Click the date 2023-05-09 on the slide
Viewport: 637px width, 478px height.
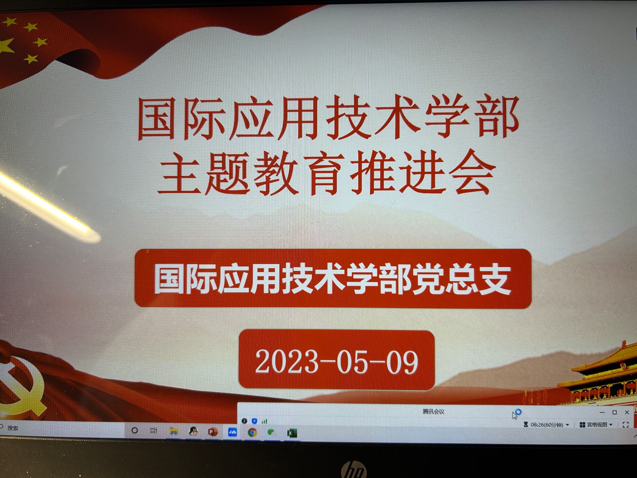(337, 361)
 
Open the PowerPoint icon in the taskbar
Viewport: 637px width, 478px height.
(212, 432)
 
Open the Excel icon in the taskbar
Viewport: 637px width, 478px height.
(292, 433)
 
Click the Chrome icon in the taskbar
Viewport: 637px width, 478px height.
(252, 432)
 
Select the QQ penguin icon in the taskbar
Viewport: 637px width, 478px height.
(193, 431)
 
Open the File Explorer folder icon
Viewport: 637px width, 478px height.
(174, 431)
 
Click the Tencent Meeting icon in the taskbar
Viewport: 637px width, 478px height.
(232, 432)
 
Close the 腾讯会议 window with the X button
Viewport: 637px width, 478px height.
(627, 412)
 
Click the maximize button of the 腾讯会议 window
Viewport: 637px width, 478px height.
(615, 412)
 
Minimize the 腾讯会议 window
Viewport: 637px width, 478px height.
(602, 412)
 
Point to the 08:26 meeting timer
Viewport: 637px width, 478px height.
(546, 424)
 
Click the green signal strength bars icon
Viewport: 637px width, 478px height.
(264, 421)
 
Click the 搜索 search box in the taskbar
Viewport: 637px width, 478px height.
(12, 428)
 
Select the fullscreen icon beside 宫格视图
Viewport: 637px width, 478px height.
(626, 424)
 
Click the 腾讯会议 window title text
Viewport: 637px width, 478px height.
(433, 411)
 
